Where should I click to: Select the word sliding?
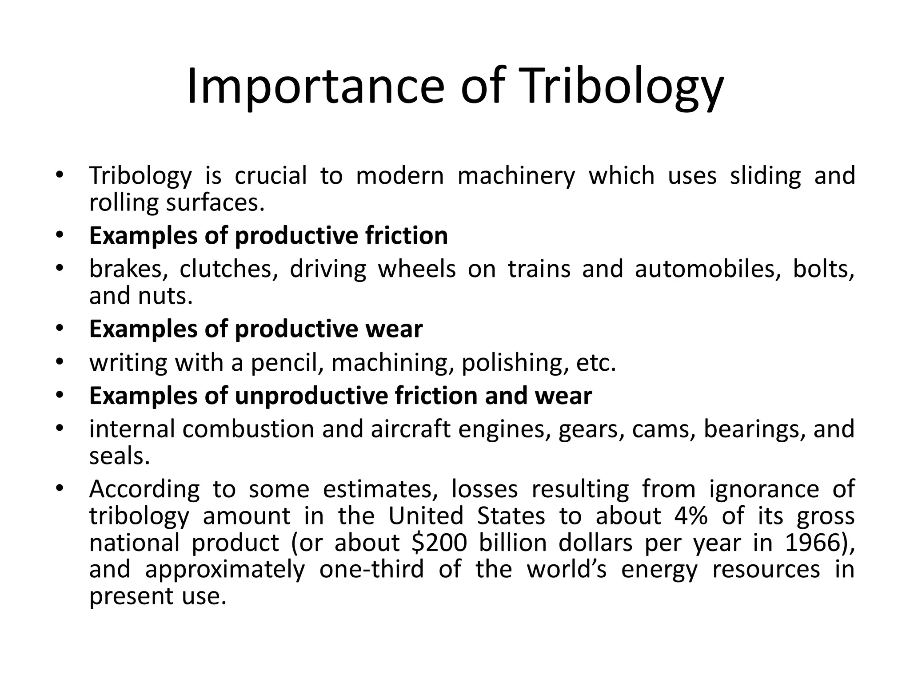click(x=766, y=176)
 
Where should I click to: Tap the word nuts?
click(x=165, y=296)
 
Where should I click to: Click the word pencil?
click(x=287, y=363)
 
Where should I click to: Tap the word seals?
click(x=119, y=456)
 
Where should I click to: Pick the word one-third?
click(x=371, y=569)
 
